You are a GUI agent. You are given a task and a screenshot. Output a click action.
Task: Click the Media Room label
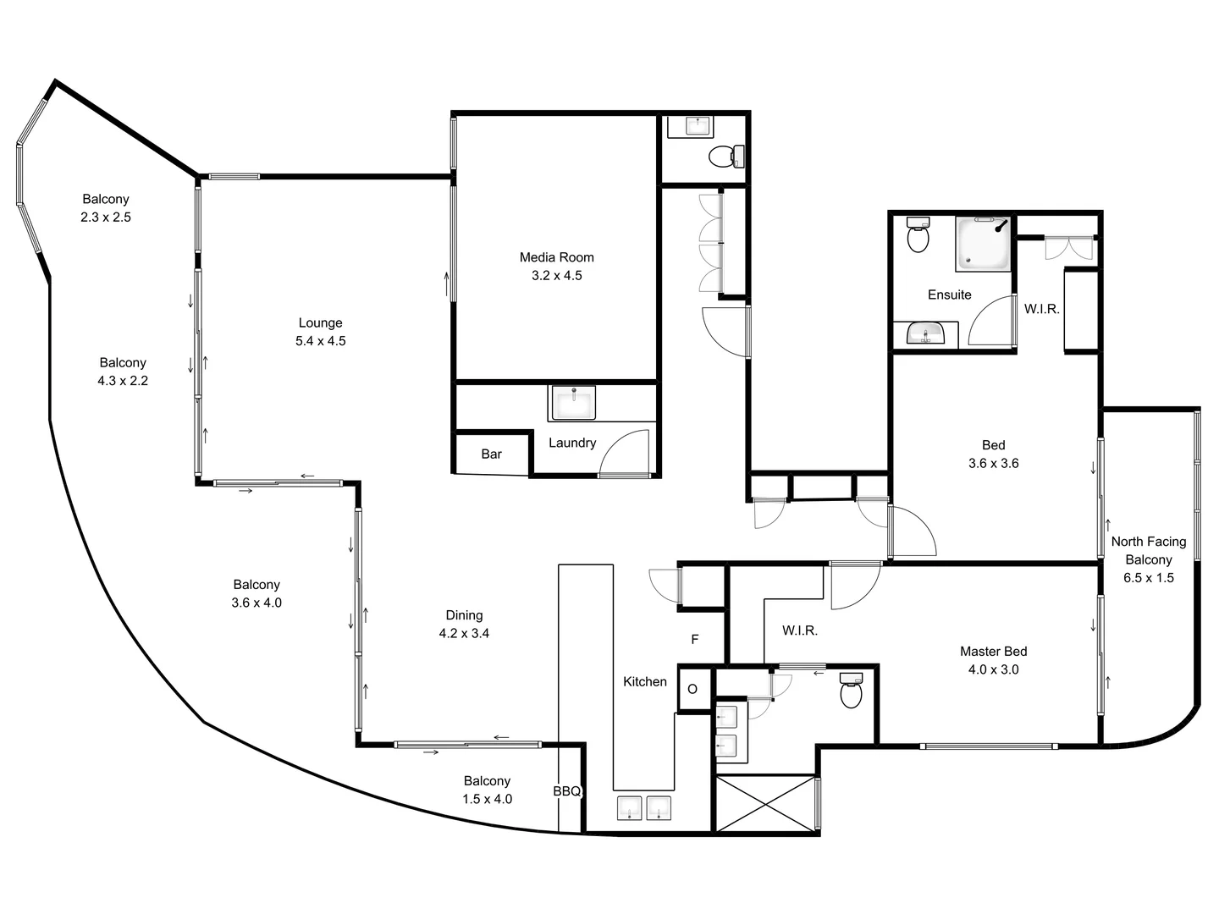point(556,257)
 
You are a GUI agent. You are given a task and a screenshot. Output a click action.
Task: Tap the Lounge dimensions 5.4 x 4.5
point(320,341)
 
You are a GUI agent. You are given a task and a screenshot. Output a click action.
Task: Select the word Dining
point(464,615)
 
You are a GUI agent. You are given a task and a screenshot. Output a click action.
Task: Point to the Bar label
point(492,454)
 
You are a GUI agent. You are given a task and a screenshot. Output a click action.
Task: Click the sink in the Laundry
point(573,403)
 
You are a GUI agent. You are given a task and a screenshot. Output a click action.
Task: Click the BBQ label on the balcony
point(567,791)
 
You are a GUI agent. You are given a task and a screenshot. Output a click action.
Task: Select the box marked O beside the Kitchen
point(692,689)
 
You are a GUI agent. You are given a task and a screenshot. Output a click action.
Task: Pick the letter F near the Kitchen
point(695,640)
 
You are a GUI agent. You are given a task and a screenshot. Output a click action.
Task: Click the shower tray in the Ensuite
point(983,245)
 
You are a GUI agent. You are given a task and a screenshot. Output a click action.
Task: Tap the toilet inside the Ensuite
point(918,235)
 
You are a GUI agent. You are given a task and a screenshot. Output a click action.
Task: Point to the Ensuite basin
point(925,334)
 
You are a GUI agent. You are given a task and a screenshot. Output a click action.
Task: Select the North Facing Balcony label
point(1149,550)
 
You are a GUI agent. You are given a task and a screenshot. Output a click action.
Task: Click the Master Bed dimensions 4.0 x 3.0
point(993,669)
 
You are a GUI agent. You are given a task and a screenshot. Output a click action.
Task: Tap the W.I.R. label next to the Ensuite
point(1041,309)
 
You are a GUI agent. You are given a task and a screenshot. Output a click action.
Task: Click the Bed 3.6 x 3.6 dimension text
point(993,464)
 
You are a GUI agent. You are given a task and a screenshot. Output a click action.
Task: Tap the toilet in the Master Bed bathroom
point(851,691)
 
